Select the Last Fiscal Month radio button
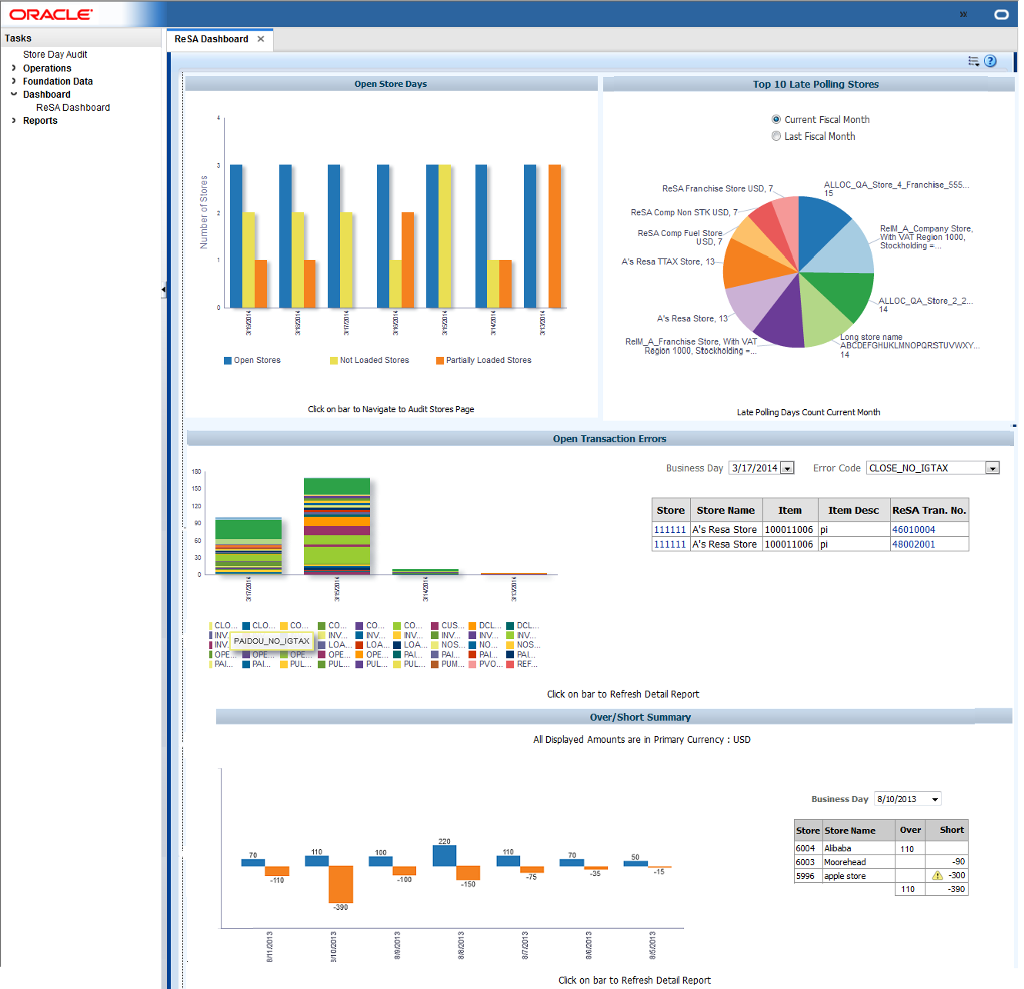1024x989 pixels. click(776, 136)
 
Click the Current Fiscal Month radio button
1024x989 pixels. click(776, 119)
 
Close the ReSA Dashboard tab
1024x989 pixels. click(261, 39)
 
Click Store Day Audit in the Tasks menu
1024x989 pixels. click(55, 55)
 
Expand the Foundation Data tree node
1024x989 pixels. click(14, 82)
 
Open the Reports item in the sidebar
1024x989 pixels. click(40, 121)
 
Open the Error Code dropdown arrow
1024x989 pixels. click(992, 468)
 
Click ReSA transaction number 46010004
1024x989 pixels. click(913, 530)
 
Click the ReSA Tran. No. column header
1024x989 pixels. click(929, 510)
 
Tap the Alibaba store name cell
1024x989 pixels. click(838, 848)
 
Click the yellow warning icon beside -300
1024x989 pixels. click(937, 875)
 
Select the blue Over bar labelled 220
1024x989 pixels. click(445, 855)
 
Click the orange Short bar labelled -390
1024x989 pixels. click(341, 884)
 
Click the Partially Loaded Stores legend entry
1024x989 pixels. click(488, 360)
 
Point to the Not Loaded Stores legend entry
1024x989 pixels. click(374, 360)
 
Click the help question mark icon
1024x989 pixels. click(990, 61)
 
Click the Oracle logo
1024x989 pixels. click(51, 15)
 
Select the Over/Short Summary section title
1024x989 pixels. click(640, 717)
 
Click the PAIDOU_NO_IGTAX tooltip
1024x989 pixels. click(272, 641)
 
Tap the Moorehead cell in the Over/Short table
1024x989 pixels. click(845, 862)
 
